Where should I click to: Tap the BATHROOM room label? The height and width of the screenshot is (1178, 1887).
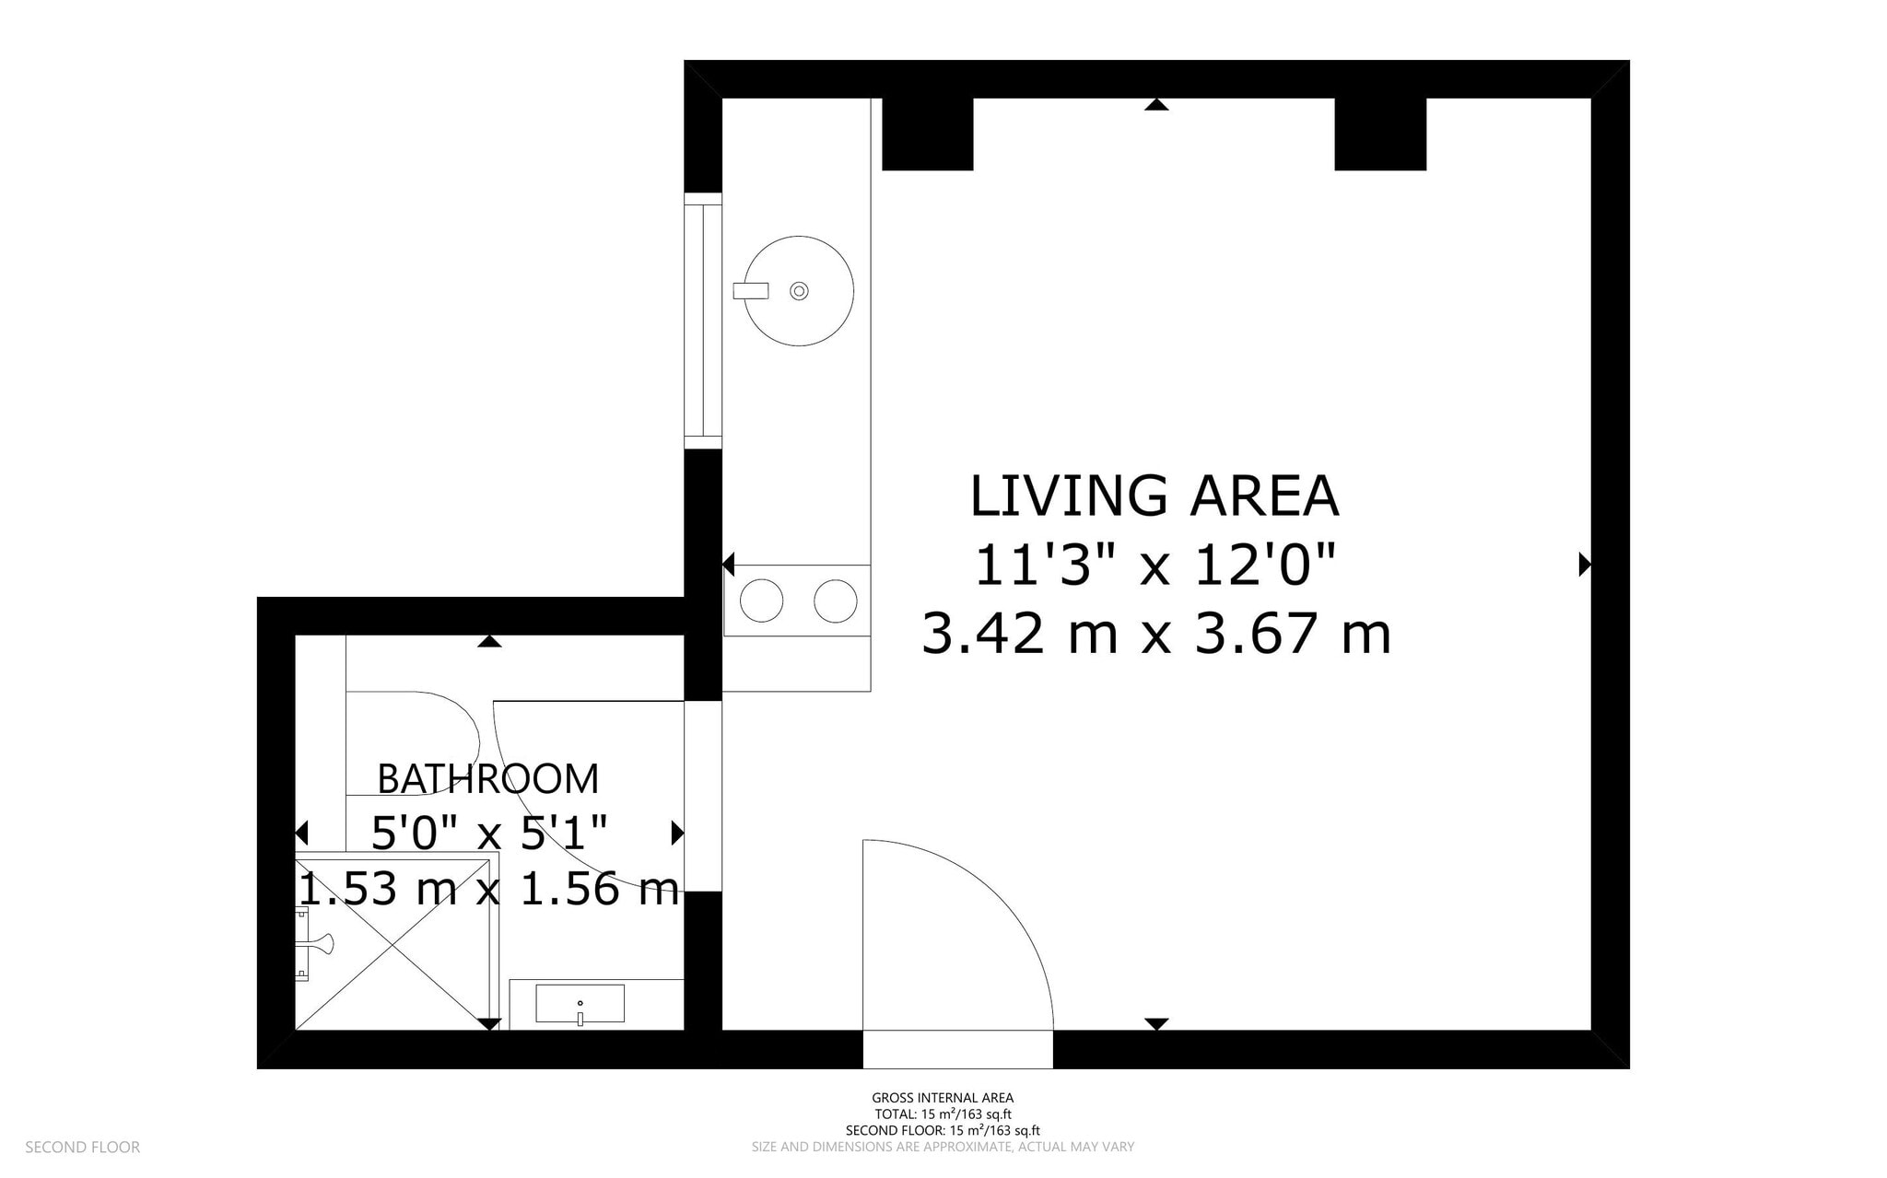487,779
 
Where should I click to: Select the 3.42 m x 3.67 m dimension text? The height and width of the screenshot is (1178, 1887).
1155,635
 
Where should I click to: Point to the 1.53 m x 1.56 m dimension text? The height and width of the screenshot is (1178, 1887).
488,890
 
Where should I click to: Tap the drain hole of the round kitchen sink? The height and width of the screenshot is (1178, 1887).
799,291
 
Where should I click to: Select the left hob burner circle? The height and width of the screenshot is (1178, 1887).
761,601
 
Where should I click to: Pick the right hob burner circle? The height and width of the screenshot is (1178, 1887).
836,601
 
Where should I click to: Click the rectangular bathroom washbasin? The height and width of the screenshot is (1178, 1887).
580,1003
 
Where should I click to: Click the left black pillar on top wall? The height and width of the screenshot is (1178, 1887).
927,134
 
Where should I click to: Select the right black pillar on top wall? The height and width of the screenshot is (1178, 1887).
1379,134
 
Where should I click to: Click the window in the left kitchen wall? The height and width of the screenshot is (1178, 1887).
702,321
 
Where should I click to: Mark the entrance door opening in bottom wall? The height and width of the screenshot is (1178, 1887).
957,1049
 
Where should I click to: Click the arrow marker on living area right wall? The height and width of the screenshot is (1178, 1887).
1584,564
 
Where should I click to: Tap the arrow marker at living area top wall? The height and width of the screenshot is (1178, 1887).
1156,105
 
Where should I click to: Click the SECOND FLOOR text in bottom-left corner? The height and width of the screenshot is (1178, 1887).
82,1147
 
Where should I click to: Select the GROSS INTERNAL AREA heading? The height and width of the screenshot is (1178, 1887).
943,1097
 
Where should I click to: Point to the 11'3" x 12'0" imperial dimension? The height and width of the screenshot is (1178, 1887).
1155,565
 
